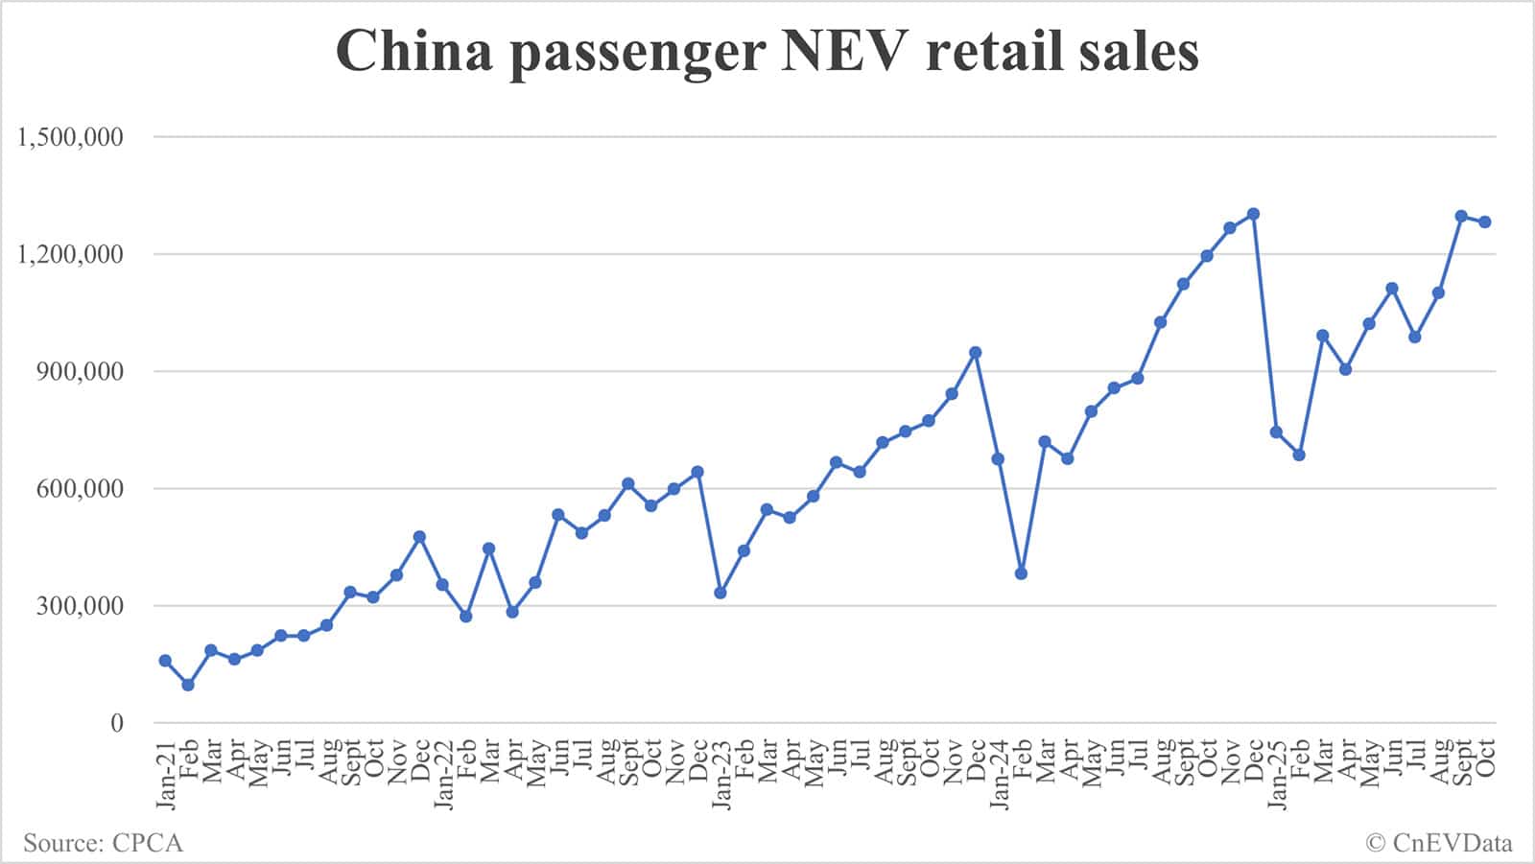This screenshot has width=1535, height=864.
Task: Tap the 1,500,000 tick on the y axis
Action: point(71,137)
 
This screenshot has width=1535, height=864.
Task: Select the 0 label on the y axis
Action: point(117,723)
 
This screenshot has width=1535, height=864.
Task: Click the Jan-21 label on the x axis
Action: point(165,773)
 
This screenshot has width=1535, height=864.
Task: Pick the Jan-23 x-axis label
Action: point(720,773)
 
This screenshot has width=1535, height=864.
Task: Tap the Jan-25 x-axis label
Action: point(1277,773)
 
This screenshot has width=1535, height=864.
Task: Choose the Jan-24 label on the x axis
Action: point(999,773)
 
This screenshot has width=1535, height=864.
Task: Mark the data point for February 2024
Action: point(1021,573)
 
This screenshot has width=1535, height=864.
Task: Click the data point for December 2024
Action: point(1253,214)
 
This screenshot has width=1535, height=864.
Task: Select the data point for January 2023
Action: point(720,593)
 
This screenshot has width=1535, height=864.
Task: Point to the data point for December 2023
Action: point(976,352)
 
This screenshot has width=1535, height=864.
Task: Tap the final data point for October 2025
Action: point(1485,222)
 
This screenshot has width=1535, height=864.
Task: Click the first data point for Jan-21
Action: point(165,661)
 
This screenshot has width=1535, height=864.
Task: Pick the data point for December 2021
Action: point(419,537)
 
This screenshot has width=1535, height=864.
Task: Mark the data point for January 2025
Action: point(1276,432)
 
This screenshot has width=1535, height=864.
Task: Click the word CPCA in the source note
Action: point(147,844)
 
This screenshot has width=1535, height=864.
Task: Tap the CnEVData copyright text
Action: point(1450,844)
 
